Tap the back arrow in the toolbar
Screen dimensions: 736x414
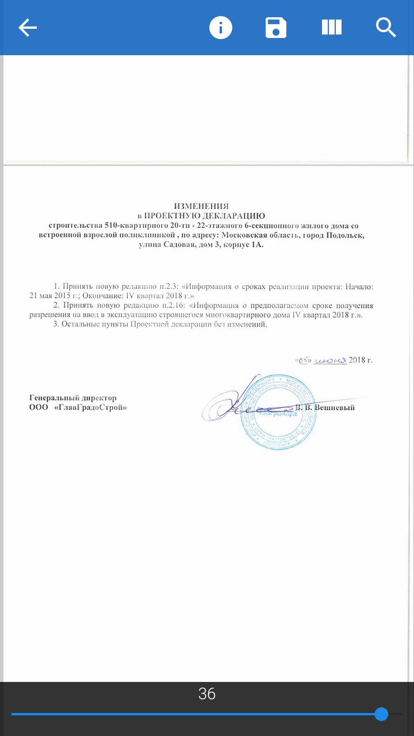click(28, 28)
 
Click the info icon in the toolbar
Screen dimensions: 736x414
click(221, 28)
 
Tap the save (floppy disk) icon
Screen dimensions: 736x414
click(276, 28)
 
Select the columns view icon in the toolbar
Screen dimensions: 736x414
click(332, 28)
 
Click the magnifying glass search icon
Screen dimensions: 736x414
click(386, 28)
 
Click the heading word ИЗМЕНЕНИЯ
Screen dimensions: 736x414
click(201, 206)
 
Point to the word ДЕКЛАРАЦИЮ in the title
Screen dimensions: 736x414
click(233, 216)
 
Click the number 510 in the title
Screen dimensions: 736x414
click(111, 225)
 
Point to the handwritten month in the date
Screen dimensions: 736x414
click(330, 360)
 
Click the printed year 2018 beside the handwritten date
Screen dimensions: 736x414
click(357, 360)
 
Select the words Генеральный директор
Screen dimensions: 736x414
click(73, 398)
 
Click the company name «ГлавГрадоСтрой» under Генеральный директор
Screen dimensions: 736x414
click(90, 407)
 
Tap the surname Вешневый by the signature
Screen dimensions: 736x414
click(334, 407)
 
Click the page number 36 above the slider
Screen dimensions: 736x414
click(207, 694)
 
